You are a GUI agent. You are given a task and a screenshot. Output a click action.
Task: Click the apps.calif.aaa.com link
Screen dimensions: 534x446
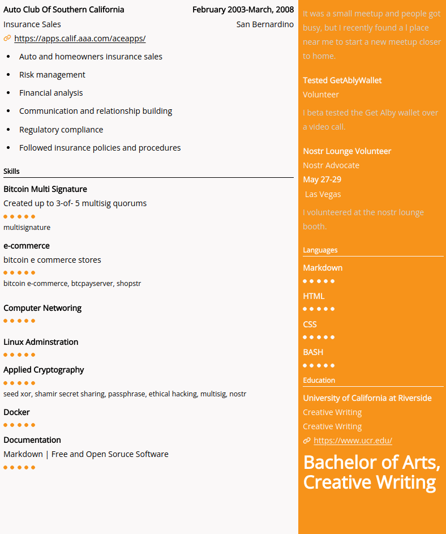[80, 39]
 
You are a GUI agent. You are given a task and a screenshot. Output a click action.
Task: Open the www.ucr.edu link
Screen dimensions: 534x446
[353, 441]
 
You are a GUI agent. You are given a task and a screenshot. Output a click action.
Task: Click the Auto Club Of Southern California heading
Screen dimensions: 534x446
[64, 10]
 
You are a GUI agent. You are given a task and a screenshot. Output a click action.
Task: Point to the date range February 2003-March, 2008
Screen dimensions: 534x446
[243, 10]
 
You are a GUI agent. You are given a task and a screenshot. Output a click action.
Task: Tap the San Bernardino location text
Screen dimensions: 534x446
[265, 24]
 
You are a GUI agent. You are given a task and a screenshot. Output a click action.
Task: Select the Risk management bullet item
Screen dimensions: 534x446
[52, 75]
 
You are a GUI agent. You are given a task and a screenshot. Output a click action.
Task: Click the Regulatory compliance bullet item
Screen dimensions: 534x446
[61, 130]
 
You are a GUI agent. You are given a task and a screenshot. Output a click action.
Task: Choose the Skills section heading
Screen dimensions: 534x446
[11, 171]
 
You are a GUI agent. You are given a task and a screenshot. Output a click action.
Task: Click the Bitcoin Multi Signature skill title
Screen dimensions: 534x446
[45, 189]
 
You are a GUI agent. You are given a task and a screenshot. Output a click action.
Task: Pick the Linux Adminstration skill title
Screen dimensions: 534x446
[41, 342]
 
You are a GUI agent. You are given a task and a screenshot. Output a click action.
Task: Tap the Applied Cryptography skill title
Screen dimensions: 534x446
[44, 370]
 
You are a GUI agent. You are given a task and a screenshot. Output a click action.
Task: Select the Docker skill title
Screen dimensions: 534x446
[16, 412]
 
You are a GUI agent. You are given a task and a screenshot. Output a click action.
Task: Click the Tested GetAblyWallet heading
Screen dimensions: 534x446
[342, 80]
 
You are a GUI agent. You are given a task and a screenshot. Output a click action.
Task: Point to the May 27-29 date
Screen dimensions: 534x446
[322, 180]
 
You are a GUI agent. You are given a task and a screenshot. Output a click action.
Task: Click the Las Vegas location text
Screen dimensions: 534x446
[323, 194]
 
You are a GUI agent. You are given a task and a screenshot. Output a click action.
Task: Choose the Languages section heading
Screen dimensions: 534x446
[320, 250]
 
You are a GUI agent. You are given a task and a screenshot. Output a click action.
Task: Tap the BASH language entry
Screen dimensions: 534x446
[313, 352]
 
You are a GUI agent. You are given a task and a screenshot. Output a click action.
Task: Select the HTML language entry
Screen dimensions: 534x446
[314, 296]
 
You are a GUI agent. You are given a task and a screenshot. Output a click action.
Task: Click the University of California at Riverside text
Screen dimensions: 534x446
[367, 398]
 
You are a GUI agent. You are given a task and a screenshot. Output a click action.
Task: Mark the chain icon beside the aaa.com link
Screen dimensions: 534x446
[7, 39]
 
